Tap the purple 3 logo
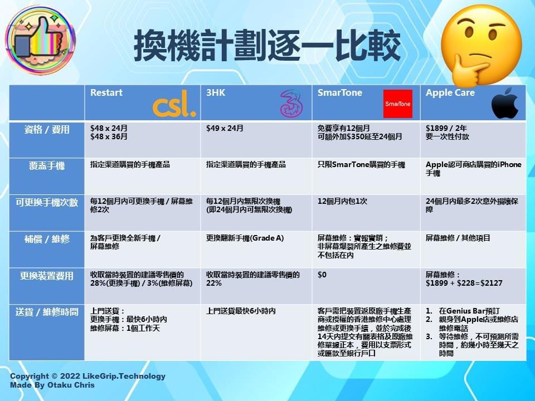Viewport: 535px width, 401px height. [291, 104]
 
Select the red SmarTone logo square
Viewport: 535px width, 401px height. [397, 104]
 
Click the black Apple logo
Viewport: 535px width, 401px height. [505, 103]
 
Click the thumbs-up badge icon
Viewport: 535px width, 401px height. [40, 40]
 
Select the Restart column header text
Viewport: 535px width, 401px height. [106, 93]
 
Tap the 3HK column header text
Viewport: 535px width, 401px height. [216, 93]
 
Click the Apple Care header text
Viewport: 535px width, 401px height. [450, 93]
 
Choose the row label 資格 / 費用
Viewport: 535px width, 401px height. [47, 130]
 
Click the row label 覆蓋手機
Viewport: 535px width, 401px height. [47, 166]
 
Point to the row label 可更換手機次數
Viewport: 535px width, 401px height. [47, 203]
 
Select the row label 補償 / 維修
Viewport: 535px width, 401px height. [47, 239]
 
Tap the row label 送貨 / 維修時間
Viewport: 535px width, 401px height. [47, 312]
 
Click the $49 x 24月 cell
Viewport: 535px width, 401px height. [225, 129]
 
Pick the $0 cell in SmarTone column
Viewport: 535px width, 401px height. [322, 275]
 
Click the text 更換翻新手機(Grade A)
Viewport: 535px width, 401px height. [245, 238]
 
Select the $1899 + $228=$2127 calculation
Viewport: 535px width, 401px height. [464, 283]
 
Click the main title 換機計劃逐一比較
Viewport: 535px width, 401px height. [267, 45]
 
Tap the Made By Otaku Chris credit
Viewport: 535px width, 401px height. [52, 385]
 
